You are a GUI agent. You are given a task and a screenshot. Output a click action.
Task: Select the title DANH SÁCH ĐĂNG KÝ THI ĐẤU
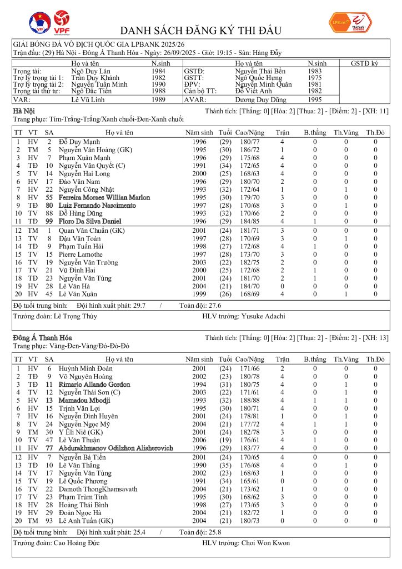pos(200,31)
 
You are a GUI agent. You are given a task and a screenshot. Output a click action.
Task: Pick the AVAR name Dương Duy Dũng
pos(261,100)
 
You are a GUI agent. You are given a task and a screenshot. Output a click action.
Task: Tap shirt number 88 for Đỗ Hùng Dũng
pos(49,213)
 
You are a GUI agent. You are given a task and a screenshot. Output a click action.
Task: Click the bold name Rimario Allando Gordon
pos(94,385)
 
